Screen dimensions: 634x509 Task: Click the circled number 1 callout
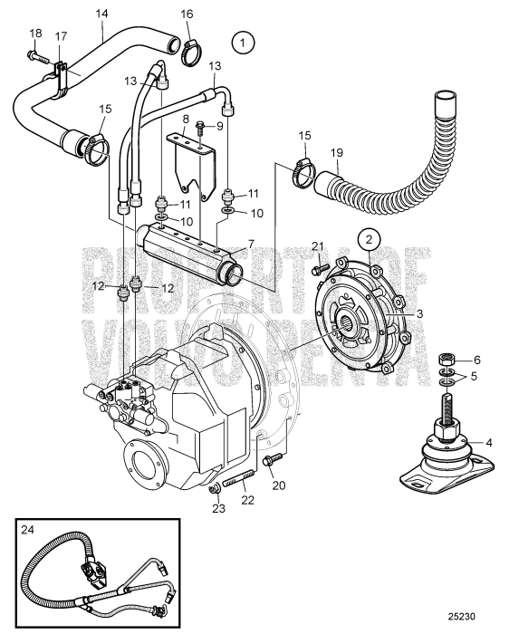(243, 41)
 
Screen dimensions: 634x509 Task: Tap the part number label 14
(101, 14)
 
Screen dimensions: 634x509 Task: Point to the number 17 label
(62, 37)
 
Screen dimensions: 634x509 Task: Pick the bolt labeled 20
(268, 463)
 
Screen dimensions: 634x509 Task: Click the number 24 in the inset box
(29, 532)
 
